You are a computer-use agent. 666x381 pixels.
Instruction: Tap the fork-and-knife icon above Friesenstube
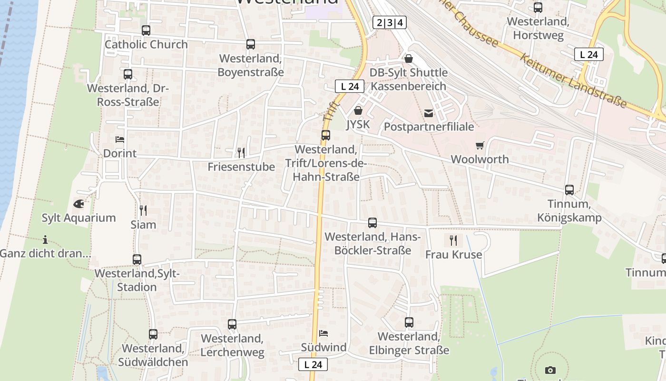click(x=241, y=152)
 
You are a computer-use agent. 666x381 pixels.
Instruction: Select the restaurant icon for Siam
click(x=143, y=210)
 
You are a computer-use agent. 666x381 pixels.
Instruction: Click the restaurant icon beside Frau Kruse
click(x=453, y=240)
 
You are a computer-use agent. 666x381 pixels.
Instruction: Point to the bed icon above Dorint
click(x=120, y=140)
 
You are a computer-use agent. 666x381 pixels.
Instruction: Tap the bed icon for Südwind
click(x=323, y=333)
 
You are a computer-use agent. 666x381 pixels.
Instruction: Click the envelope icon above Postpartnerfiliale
click(x=429, y=113)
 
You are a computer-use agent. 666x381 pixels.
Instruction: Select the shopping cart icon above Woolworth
click(x=480, y=145)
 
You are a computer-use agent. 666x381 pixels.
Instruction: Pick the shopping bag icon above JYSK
click(x=358, y=111)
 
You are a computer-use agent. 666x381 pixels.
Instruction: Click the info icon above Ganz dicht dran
click(x=45, y=239)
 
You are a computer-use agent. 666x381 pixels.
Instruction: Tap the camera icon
click(x=550, y=370)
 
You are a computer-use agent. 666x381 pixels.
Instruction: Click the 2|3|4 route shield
click(x=390, y=22)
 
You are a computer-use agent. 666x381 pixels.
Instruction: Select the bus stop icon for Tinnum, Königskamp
click(x=569, y=190)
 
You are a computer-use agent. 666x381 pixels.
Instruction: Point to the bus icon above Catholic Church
click(x=146, y=30)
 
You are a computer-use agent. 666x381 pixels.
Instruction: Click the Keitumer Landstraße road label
click(x=573, y=80)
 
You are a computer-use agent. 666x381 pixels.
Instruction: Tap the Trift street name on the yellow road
click(x=331, y=111)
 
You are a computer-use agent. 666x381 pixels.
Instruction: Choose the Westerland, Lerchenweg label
click(x=232, y=345)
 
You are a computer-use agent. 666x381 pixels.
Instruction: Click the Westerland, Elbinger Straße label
click(x=409, y=343)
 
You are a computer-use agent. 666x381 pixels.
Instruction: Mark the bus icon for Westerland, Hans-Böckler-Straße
click(x=372, y=223)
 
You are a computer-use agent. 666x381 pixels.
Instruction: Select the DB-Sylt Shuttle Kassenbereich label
click(x=409, y=79)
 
